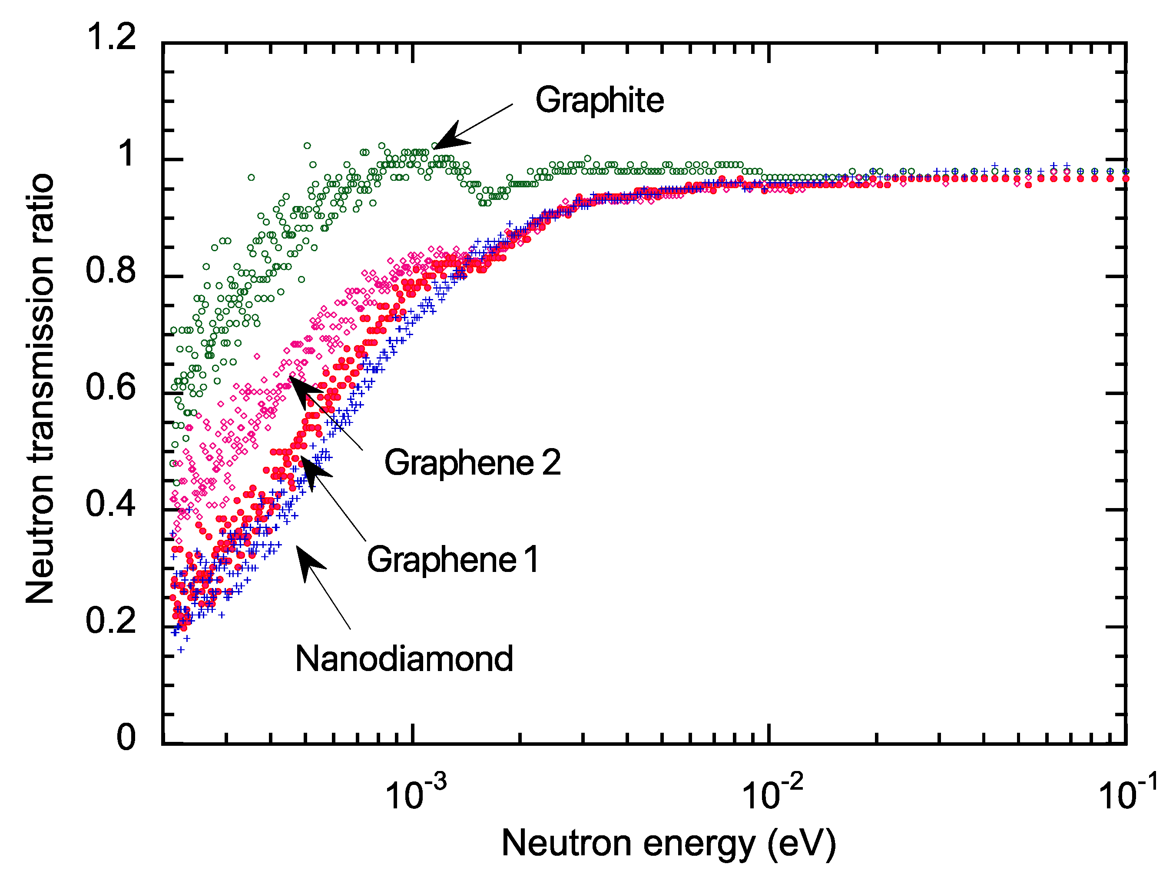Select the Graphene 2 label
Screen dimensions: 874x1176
(x=472, y=462)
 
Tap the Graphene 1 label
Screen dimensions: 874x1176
(x=453, y=560)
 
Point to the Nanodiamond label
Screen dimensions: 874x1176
(x=404, y=659)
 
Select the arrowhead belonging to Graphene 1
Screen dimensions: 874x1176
(x=313, y=470)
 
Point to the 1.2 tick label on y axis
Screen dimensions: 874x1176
(x=111, y=37)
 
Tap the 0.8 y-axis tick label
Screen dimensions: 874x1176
(x=111, y=270)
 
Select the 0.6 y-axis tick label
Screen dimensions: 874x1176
(x=111, y=387)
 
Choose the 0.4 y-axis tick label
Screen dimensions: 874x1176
(x=111, y=504)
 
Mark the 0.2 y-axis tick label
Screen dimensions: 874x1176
(x=111, y=621)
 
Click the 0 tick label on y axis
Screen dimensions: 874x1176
(x=126, y=737)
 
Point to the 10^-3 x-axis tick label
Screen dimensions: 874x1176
(x=415, y=793)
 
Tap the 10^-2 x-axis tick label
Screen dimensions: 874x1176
(x=772, y=793)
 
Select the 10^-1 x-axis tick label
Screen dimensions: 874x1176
(x=1127, y=793)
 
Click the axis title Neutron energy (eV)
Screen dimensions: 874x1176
(x=669, y=843)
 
